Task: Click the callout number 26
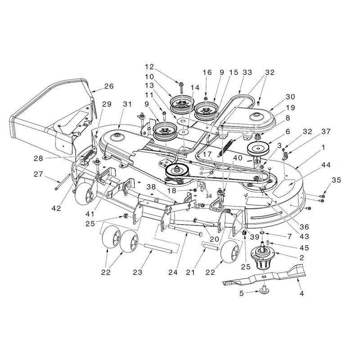(x=109, y=86)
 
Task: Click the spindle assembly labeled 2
(x=264, y=257)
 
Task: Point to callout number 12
(x=149, y=67)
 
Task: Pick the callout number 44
(x=326, y=165)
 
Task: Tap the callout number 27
(x=38, y=174)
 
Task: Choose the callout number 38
(x=151, y=187)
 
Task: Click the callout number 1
(x=323, y=148)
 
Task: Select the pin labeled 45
(x=268, y=243)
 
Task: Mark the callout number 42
(x=56, y=208)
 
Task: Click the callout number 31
(x=127, y=104)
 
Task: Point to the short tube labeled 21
(x=210, y=246)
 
